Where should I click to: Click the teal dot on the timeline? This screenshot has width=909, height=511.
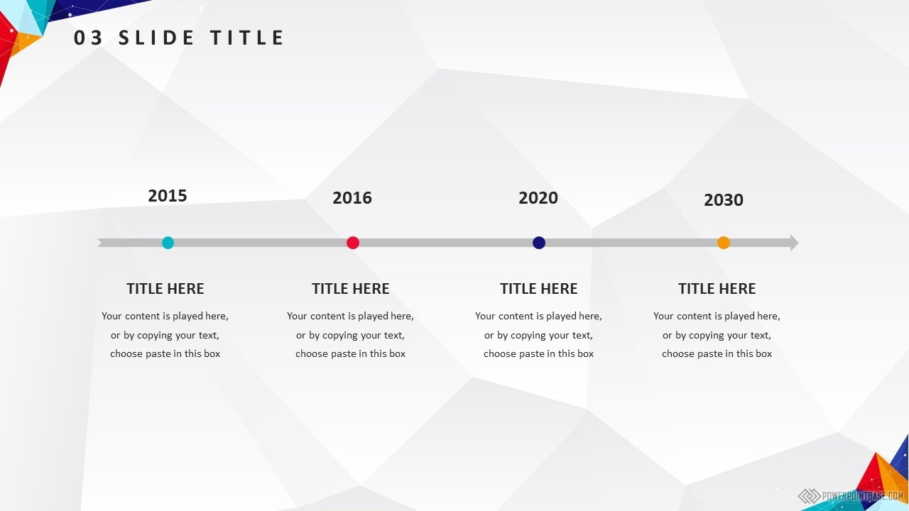click(168, 243)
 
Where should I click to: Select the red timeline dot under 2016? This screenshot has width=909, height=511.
click(353, 243)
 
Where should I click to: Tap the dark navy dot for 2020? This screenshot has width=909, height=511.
click(539, 243)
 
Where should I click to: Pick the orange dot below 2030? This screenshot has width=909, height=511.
click(724, 243)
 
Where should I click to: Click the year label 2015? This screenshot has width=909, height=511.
click(168, 196)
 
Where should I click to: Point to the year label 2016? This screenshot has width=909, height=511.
click(352, 198)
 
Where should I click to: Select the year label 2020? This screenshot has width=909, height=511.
click(538, 198)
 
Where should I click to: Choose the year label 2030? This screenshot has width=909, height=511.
click(724, 200)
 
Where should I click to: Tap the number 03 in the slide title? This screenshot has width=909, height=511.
click(88, 38)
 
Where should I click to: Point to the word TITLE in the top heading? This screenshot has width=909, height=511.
click(246, 38)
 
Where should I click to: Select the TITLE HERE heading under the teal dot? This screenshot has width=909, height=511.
click(165, 289)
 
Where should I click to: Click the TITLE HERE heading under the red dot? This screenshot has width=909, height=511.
click(351, 289)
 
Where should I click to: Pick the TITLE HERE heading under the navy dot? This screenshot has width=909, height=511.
click(538, 289)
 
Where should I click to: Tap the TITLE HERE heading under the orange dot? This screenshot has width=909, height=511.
click(717, 289)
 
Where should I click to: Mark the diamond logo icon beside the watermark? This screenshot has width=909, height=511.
click(809, 496)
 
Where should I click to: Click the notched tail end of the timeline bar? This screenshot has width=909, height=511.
click(100, 243)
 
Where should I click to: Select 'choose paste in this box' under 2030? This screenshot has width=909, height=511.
click(717, 353)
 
